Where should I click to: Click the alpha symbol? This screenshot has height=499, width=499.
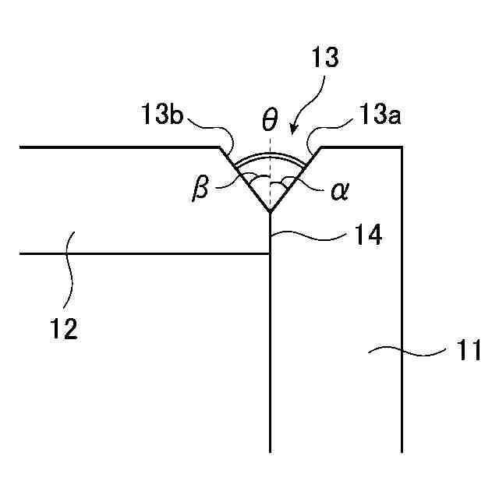coord(338,191)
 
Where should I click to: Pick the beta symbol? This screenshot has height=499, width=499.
coord(200,189)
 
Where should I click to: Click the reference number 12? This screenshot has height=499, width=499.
coord(65,329)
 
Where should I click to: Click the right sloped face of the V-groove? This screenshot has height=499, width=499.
coord(298,176)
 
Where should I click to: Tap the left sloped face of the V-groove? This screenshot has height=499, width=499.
coord(242,176)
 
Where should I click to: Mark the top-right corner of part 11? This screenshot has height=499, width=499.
coord(402,147)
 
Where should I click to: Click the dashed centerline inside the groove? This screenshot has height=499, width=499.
coord(270,168)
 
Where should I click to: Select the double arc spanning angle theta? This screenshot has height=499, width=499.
coord(270,156)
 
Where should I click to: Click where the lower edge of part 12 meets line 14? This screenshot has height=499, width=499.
coord(270,253)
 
